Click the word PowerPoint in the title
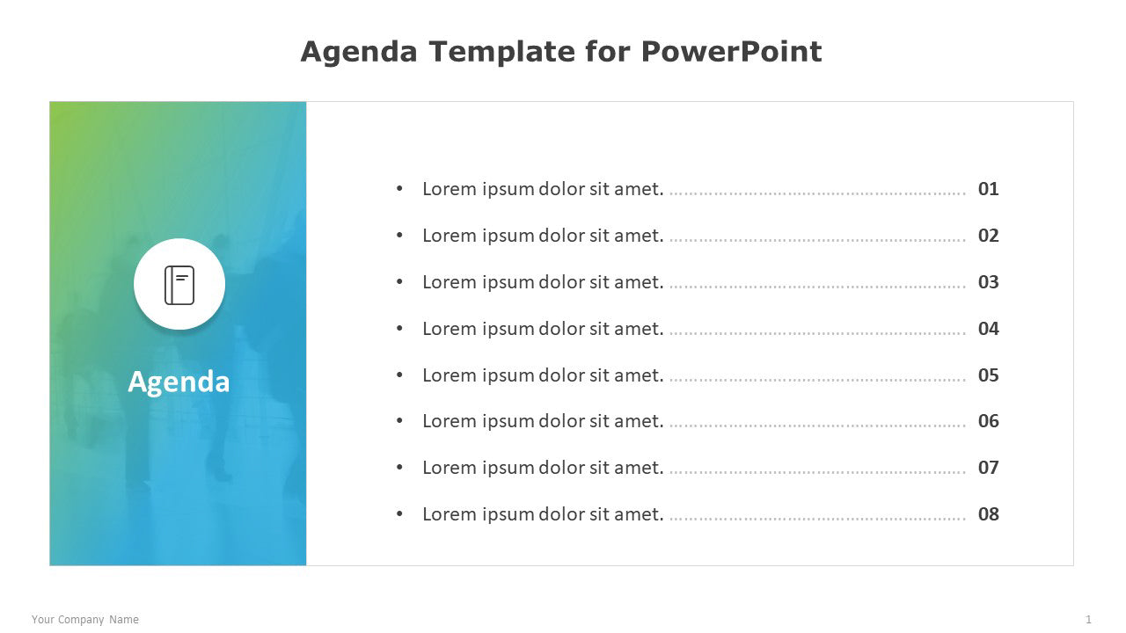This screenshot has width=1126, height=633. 731,51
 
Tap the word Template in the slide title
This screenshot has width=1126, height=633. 501,51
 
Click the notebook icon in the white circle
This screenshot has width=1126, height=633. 179,285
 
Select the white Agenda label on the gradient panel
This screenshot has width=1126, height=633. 179,382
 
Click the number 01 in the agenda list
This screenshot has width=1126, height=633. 988,189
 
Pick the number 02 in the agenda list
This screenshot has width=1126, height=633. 988,236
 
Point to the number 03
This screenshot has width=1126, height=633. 988,282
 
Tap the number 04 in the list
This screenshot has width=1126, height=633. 988,329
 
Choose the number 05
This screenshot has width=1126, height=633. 988,375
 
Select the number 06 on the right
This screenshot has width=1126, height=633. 988,421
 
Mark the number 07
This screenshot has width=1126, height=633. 988,468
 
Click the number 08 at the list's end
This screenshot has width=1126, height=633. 988,514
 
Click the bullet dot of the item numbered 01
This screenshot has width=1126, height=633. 399,188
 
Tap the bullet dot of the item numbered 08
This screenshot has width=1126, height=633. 399,513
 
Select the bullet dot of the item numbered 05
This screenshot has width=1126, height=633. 399,375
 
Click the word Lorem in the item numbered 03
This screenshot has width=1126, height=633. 450,282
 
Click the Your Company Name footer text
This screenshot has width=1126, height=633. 85,620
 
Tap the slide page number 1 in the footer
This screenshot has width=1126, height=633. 1088,620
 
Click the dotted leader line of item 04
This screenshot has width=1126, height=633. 817,333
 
